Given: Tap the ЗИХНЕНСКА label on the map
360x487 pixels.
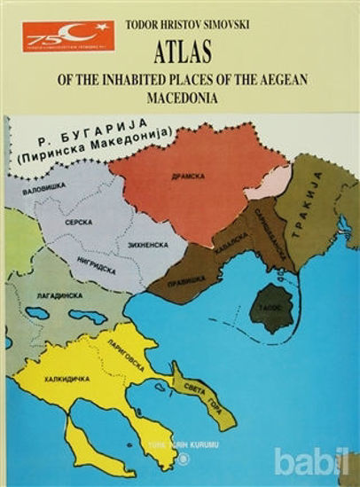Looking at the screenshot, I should [149, 239].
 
